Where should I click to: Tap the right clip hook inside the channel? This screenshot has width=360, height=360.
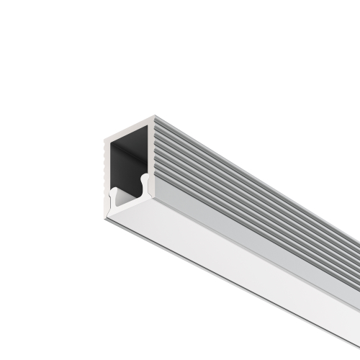pos(143,179)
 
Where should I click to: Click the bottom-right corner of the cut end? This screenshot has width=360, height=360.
pos(156,189)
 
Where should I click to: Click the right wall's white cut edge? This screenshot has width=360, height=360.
pos(152,151)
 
